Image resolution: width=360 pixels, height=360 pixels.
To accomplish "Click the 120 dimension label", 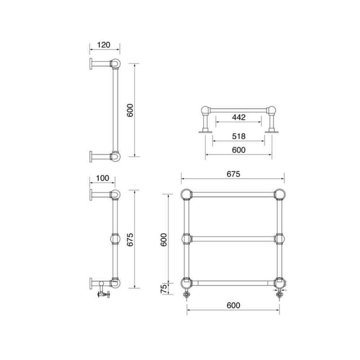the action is pyautogui.click(x=104, y=45).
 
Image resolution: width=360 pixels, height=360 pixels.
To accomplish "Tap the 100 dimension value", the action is pyautogui.click(x=102, y=178).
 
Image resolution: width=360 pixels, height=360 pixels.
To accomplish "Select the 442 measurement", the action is pyautogui.click(x=239, y=117).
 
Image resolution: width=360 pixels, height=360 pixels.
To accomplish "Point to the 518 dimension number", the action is pyautogui.click(x=239, y=136).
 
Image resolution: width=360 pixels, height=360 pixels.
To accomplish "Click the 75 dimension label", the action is pyautogui.click(x=164, y=289).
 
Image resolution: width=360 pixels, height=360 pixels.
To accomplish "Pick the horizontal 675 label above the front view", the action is pyautogui.click(x=233, y=174).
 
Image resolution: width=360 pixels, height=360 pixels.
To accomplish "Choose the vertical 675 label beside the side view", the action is pyautogui.click(x=130, y=240).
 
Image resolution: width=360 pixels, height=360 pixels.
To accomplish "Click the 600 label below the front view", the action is pyautogui.click(x=233, y=305).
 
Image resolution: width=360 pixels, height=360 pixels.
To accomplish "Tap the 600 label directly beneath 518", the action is pyautogui.click(x=239, y=150).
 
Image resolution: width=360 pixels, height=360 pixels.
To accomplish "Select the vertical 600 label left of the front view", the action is pyautogui.click(x=163, y=240).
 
